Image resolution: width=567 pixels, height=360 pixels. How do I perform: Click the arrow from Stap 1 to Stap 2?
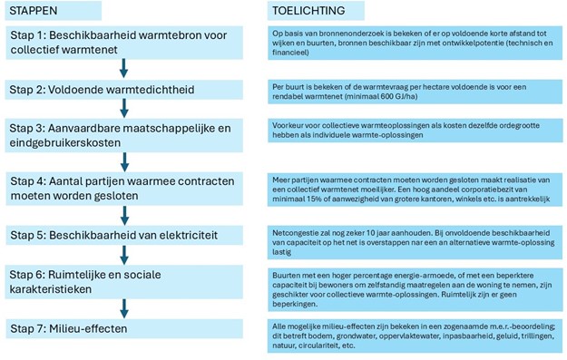(x=124, y=66)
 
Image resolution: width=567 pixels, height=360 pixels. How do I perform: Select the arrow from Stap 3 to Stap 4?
(x=124, y=160)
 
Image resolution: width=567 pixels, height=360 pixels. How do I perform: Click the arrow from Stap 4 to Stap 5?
(x=124, y=214)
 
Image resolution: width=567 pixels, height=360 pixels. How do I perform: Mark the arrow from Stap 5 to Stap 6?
(x=124, y=253)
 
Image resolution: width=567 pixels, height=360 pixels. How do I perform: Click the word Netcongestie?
(x=294, y=231)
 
